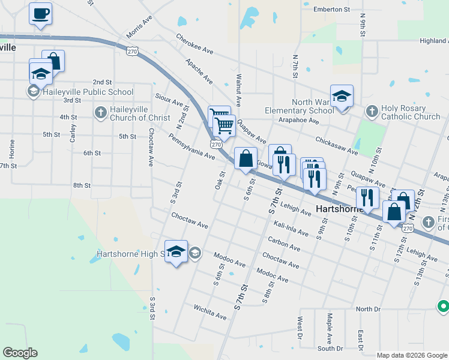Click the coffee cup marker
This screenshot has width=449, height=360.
tap(41, 13)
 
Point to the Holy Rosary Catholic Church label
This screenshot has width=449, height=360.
tap(411, 113)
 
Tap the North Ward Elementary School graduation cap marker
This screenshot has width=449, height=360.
tap(342, 96)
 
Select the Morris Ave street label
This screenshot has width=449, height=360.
tap(139, 29)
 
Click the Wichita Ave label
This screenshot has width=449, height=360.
tap(209, 312)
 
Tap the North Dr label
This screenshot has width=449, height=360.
tap(368, 309)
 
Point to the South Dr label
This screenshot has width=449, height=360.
tap(330, 349)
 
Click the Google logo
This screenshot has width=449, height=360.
tap(20, 353)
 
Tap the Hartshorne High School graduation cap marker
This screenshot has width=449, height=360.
tap(176, 251)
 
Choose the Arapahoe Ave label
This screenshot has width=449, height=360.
tap(298, 121)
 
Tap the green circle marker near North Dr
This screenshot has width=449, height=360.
tap(443, 306)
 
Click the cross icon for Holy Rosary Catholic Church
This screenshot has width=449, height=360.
tap(372, 112)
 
